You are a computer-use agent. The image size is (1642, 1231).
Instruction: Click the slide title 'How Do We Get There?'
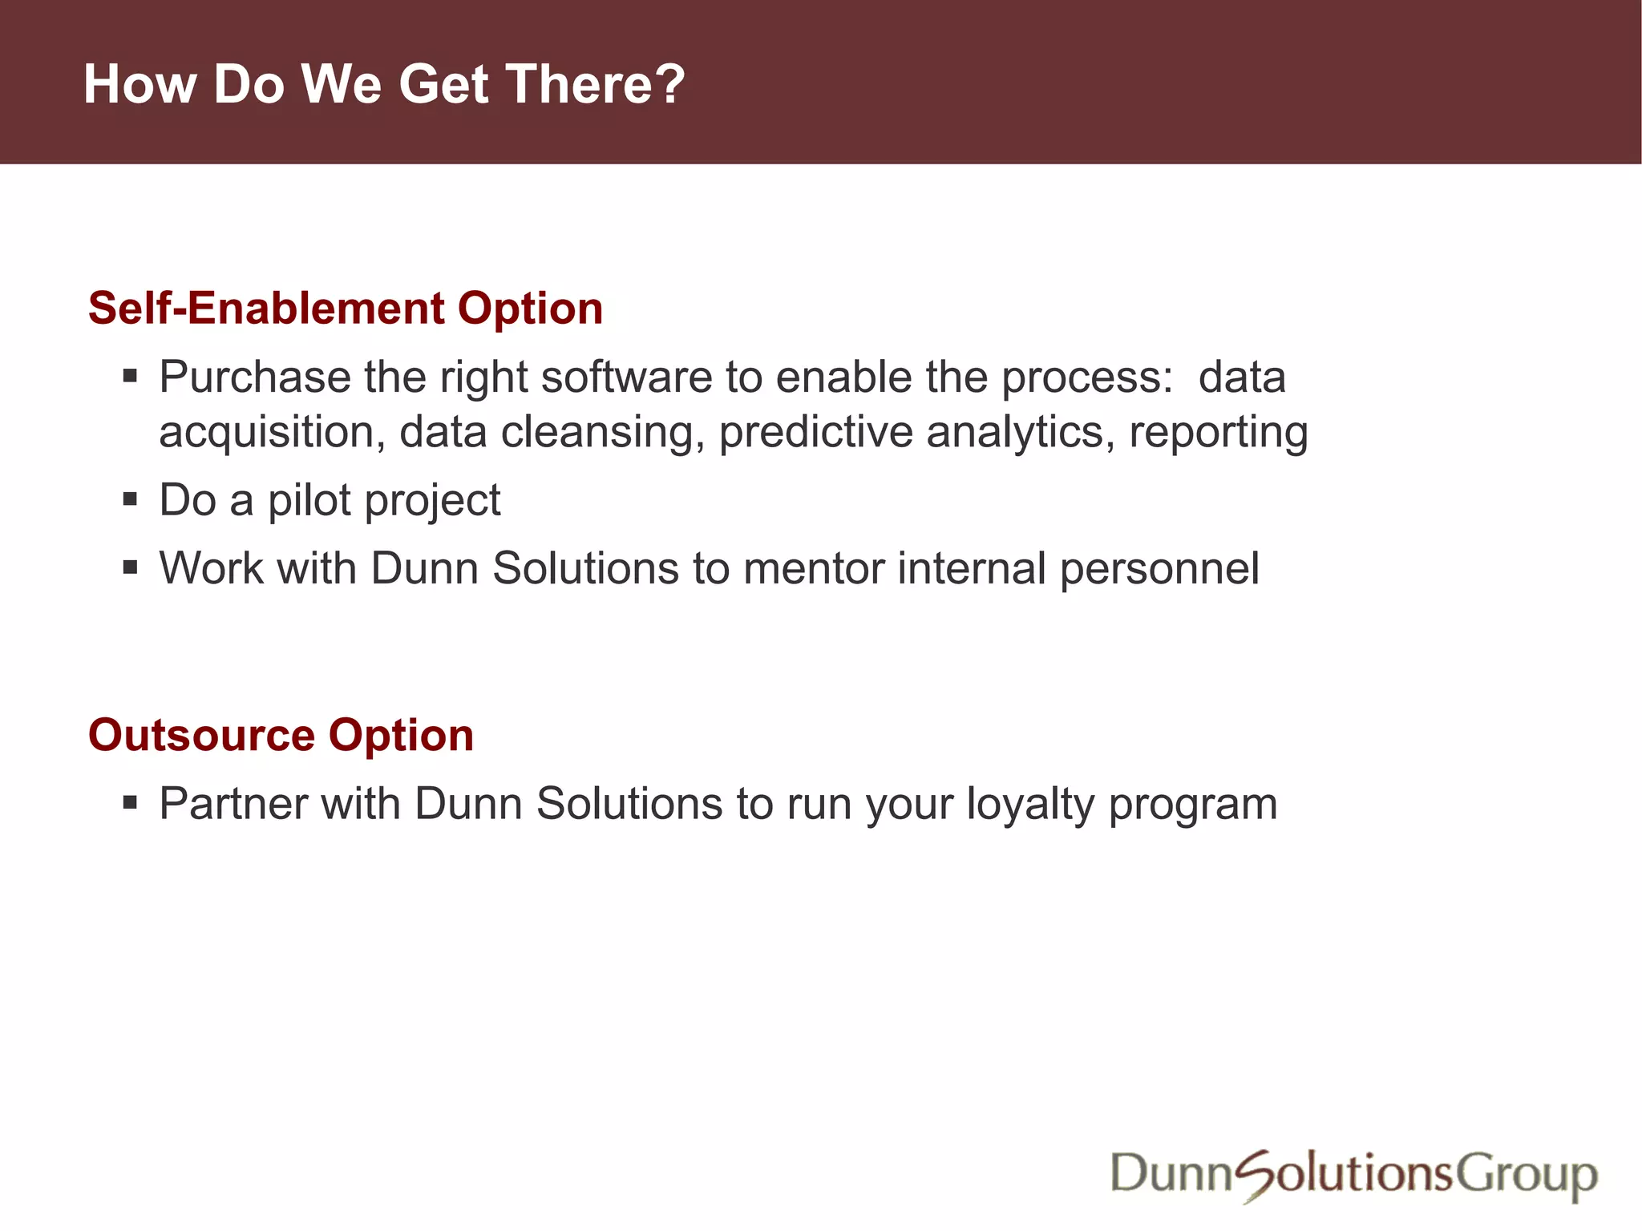tap(384, 84)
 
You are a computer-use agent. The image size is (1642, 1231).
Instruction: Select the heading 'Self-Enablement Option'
tap(346, 309)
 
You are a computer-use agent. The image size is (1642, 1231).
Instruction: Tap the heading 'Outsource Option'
tap(281, 735)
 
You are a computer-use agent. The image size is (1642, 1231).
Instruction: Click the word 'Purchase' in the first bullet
tap(254, 377)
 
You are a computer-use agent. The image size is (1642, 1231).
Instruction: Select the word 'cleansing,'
tap(602, 432)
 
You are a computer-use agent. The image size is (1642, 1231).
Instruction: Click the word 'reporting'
tap(1219, 432)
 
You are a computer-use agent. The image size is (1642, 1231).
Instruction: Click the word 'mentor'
tap(813, 568)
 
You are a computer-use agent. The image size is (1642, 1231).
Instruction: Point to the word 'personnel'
tap(1159, 568)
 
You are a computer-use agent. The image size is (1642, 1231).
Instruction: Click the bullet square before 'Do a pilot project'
tap(131, 500)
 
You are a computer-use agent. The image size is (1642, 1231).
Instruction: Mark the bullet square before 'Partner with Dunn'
tap(131, 802)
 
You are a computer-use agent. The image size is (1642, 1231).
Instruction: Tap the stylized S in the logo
tap(1256, 1175)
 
